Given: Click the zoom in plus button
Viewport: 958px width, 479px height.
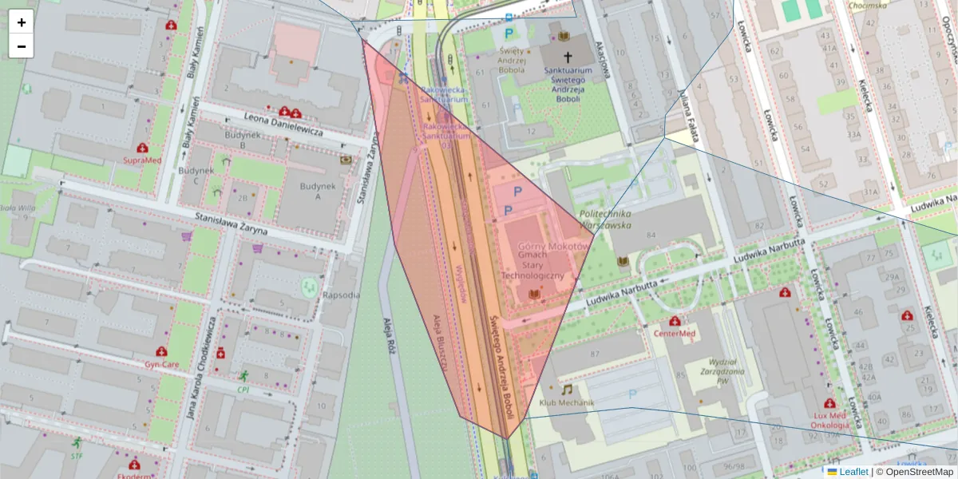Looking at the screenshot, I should pyautogui.click(x=22, y=22).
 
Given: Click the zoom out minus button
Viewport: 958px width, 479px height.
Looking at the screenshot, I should pyautogui.click(x=22, y=46).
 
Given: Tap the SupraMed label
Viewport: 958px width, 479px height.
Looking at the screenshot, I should pyautogui.click(x=142, y=160).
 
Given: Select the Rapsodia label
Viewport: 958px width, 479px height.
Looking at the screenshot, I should pyautogui.click(x=341, y=295).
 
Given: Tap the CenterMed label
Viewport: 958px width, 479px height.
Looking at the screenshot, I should pyautogui.click(x=675, y=333).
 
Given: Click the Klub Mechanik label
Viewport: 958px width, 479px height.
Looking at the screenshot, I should pyautogui.click(x=567, y=402).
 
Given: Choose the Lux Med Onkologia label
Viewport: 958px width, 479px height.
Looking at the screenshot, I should pyautogui.click(x=830, y=420).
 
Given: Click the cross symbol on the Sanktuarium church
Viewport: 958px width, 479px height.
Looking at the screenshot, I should pyautogui.click(x=568, y=57).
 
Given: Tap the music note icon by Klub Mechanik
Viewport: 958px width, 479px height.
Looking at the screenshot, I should pyautogui.click(x=567, y=390).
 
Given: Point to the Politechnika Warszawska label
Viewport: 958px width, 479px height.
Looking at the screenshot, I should pyautogui.click(x=605, y=220).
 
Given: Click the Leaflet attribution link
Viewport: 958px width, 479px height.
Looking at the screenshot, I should pyautogui.click(x=853, y=472).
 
